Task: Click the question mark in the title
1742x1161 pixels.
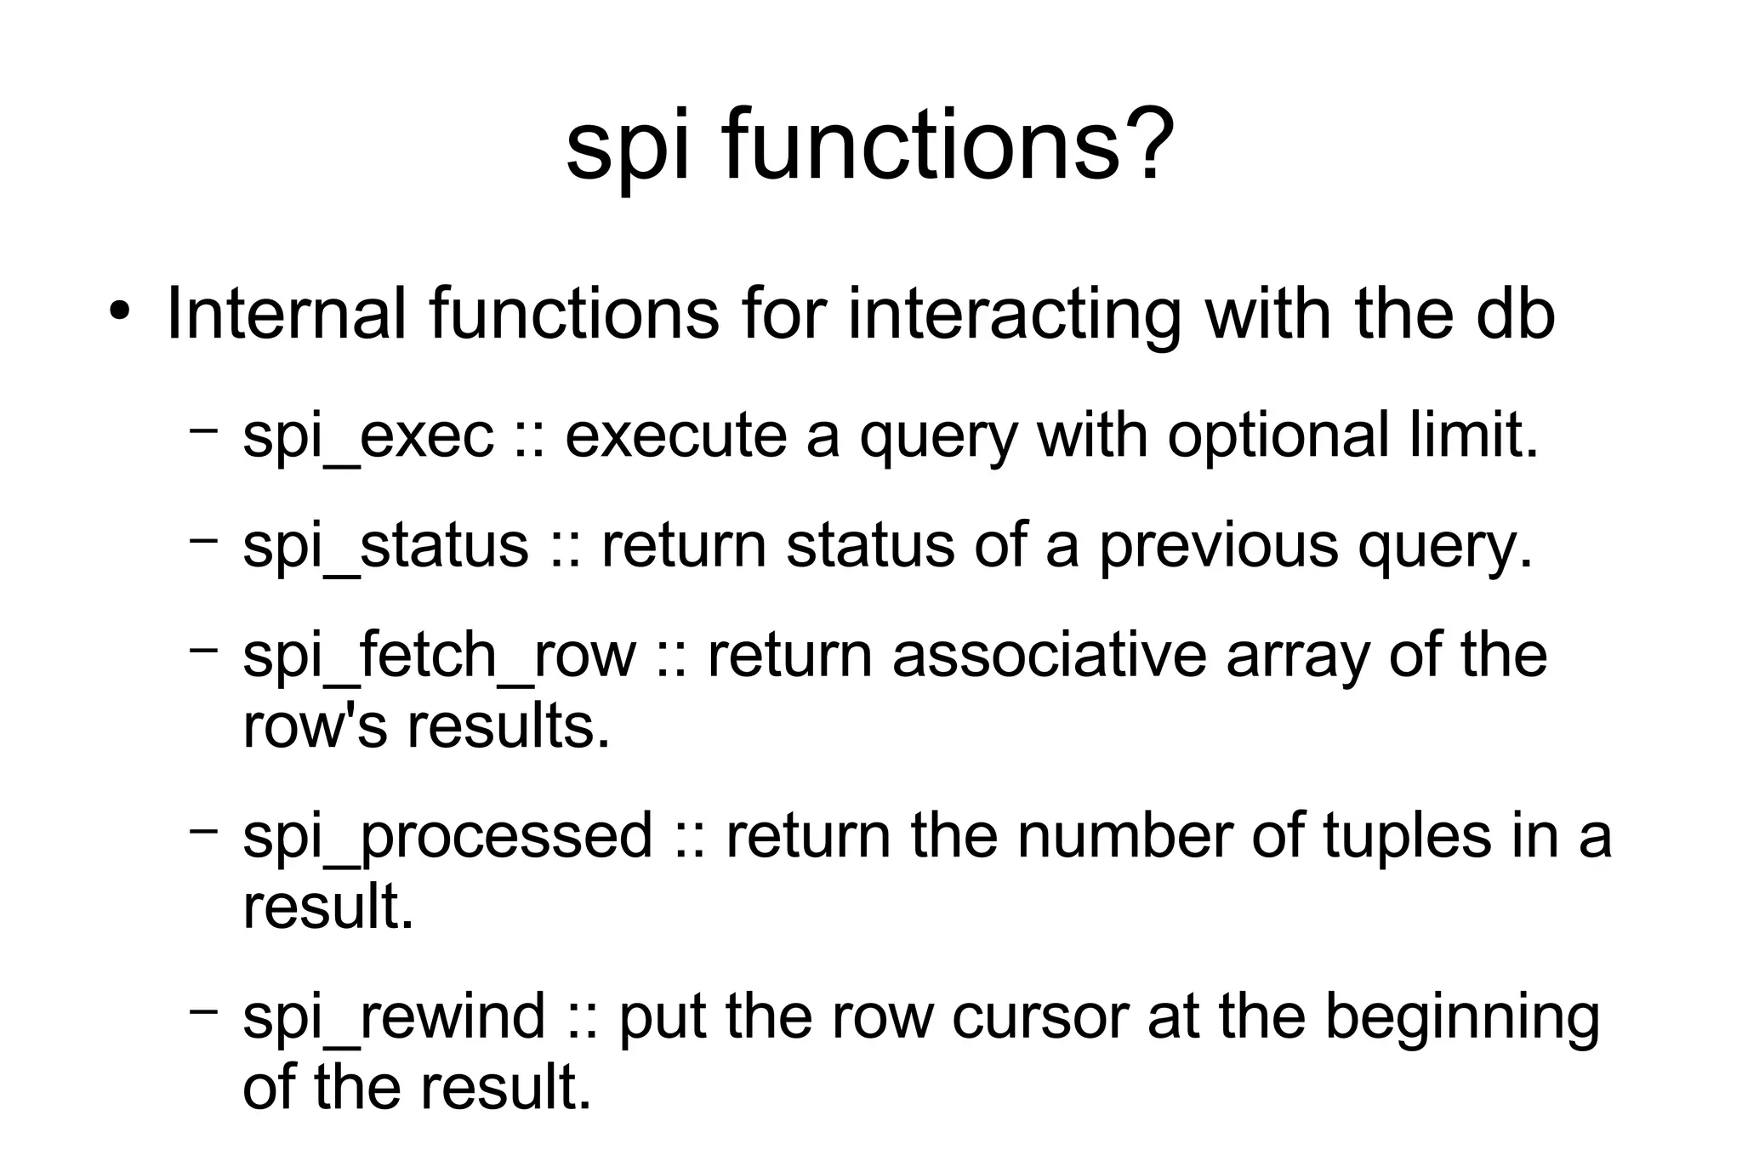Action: (x=1149, y=145)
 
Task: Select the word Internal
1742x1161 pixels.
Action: (x=286, y=313)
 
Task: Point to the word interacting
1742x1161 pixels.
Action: (x=1016, y=315)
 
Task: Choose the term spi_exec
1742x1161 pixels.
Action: (x=367, y=436)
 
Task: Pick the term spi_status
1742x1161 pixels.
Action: (x=385, y=546)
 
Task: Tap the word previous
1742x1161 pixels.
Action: (x=1218, y=546)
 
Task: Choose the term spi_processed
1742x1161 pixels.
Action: (x=447, y=835)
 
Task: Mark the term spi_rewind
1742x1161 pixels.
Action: (x=393, y=1016)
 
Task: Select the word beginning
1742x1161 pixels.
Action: (x=1462, y=1018)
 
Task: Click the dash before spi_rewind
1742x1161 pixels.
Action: (x=204, y=1010)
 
